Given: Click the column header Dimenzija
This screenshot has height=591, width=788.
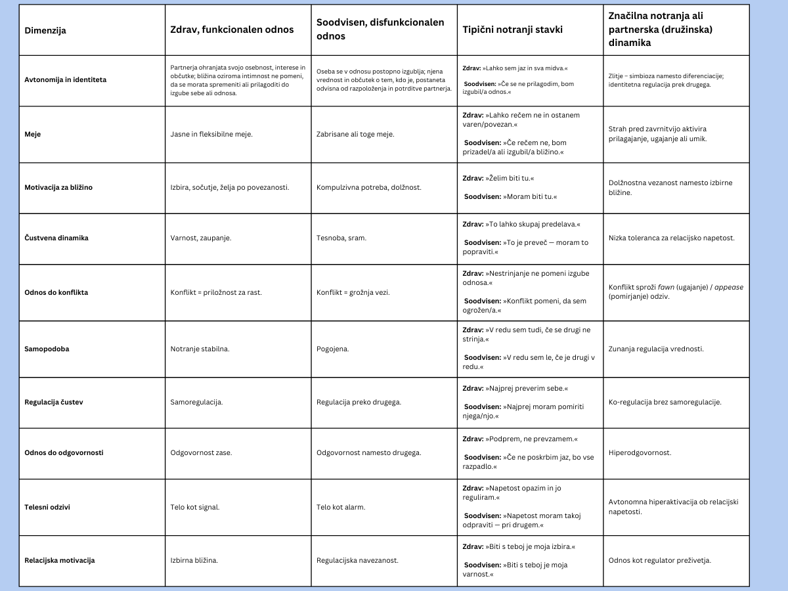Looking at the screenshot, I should (45, 30).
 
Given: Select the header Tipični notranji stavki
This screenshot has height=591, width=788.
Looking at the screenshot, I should (512, 30).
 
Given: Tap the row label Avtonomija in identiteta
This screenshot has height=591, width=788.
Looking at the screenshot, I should (65, 79).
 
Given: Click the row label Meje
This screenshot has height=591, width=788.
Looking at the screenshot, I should (33, 134).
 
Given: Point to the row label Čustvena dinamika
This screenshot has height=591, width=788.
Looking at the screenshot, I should (56, 238).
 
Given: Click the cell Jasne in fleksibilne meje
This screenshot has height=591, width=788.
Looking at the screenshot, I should (211, 134).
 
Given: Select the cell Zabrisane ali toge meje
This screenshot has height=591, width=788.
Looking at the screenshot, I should (355, 134).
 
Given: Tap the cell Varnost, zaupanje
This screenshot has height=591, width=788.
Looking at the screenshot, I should (201, 238).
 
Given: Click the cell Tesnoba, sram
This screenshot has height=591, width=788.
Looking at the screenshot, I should (341, 238).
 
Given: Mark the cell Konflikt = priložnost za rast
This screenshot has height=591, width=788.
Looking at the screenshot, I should (216, 292).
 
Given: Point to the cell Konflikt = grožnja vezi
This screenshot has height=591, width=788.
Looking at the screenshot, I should (353, 292).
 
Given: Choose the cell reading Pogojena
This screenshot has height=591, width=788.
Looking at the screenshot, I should (333, 349).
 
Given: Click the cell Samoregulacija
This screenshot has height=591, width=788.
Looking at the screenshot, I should (196, 402).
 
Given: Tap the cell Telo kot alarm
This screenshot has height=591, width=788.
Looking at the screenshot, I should (341, 507).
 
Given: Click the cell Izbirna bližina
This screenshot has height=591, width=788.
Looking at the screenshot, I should (194, 560).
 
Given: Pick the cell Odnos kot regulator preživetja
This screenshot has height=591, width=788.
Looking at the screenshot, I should (659, 560).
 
